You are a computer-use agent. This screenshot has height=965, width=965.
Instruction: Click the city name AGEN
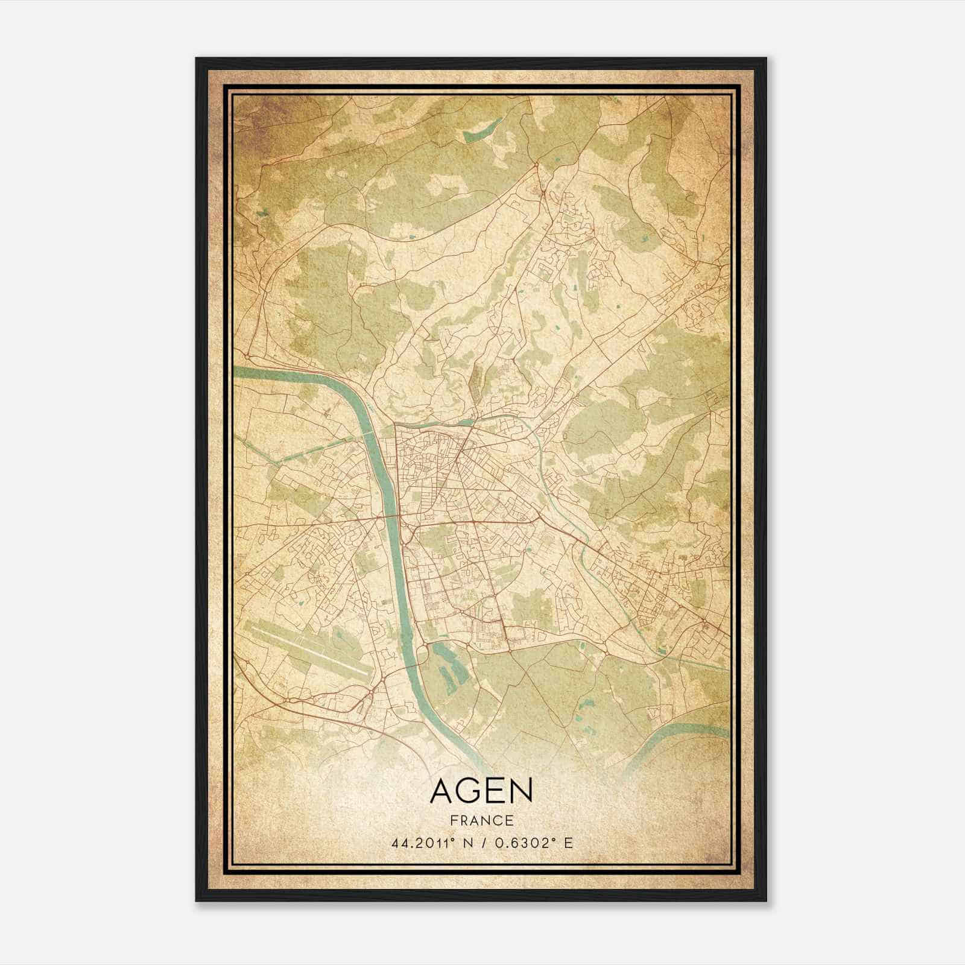point(481,791)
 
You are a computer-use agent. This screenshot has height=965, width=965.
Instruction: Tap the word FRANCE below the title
point(481,820)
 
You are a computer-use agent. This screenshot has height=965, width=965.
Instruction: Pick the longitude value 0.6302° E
point(530,843)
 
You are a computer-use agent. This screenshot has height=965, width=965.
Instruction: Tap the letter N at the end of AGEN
point(520,791)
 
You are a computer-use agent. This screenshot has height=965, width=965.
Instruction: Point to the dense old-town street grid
point(422,464)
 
